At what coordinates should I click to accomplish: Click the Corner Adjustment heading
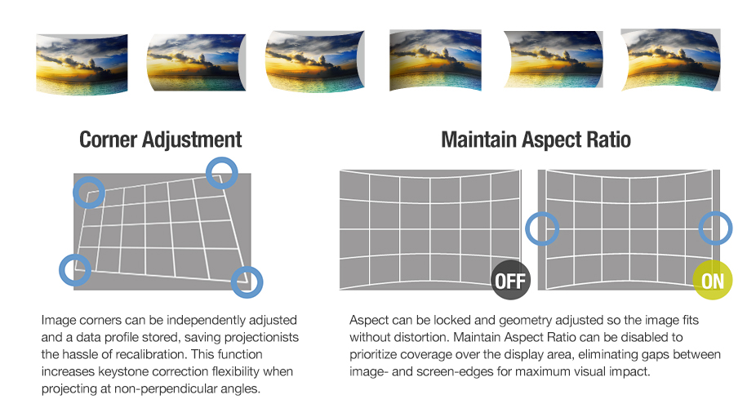[160, 140]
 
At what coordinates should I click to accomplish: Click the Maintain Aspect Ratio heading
[536, 140]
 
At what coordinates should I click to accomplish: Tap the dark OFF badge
[510, 282]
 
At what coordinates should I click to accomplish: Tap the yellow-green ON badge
[713, 282]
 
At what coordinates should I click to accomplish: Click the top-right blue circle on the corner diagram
[220, 172]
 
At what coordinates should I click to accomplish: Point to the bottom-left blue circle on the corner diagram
[75, 269]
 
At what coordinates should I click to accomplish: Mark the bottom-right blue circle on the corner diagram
[247, 282]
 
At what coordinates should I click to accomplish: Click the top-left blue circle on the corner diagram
[89, 193]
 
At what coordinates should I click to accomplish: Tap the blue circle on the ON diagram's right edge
[716, 228]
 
